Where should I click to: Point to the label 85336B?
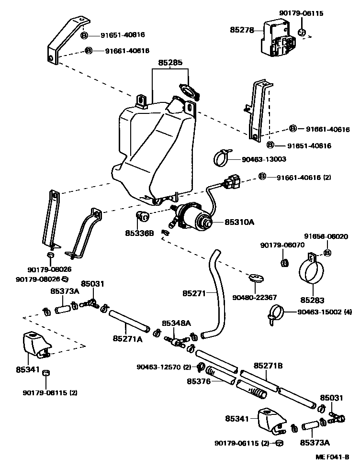tap(140, 233)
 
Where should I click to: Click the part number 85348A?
tap(176, 323)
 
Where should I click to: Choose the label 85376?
tap(198, 381)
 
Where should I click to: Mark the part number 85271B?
tap(268, 366)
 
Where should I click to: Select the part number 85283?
tap(312, 301)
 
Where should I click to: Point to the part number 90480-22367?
tap(255, 297)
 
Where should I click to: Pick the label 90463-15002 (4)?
tap(325, 312)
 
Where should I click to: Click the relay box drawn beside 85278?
tap(278, 41)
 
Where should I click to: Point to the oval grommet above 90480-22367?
tap(256, 277)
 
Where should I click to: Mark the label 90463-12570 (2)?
tap(164, 367)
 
